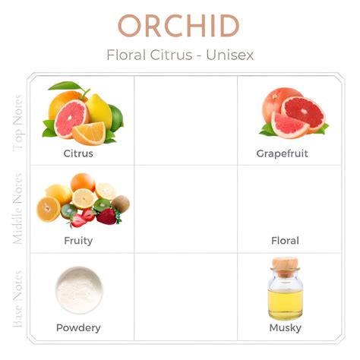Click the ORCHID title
click(x=178, y=26)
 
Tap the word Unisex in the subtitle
click(x=229, y=55)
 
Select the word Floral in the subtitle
click(x=126, y=55)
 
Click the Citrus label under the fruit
click(x=78, y=153)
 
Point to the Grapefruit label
click(x=283, y=153)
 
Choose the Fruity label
click(x=78, y=241)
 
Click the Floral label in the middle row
click(x=285, y=241)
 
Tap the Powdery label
click(x=78, y=328)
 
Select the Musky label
click(x=286, y=328)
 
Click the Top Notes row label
click(x=18, y=123)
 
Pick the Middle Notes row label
click(x=18, y=209)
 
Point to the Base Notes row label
click(x=18, y=298)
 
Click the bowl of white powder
click(x=79, y=290)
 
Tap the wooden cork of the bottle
click(x=285, y=266)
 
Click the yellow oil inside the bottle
click(x=286, y=304)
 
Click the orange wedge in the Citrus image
click(x=89, y=133)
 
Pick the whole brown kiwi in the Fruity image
click(x=121, y=204)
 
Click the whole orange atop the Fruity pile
click(x=83, y=182)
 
